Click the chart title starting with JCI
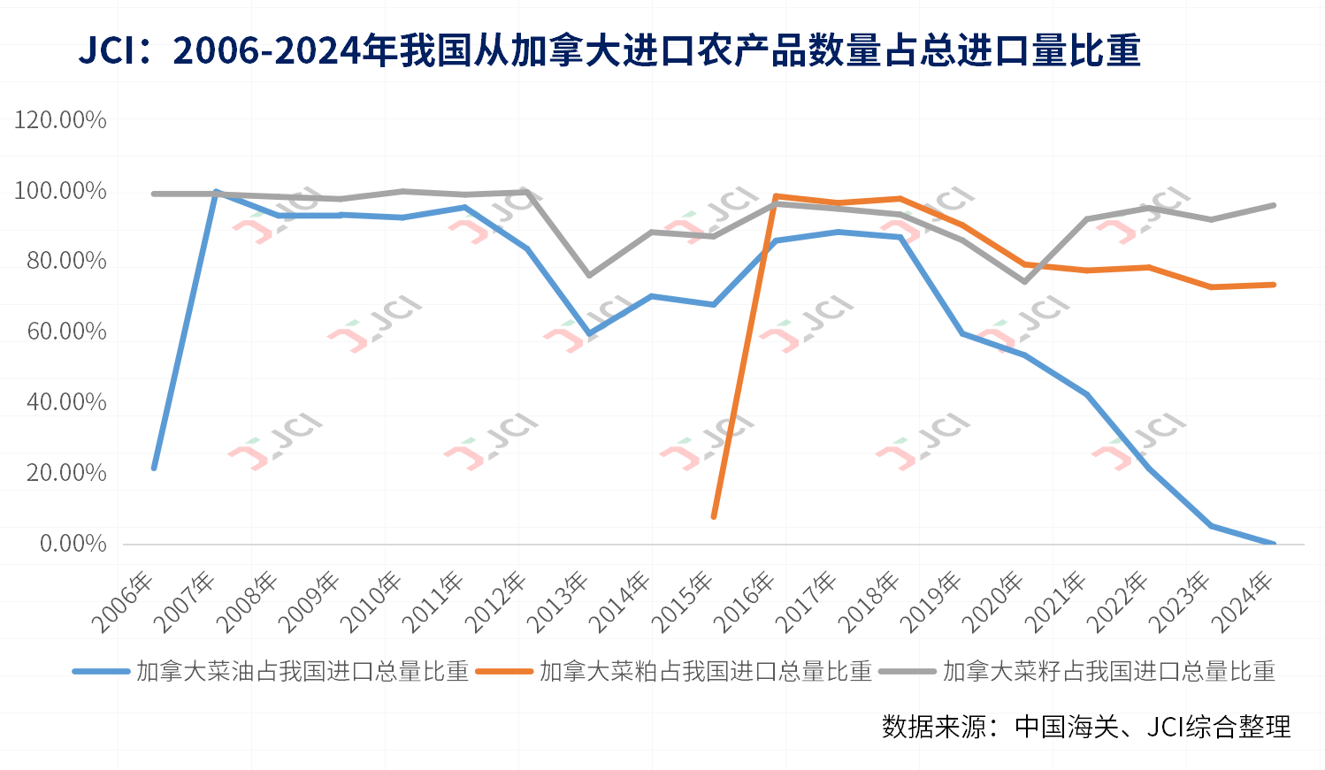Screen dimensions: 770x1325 [x=609, y=50]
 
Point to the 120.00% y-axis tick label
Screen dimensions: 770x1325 [x=60, y=120]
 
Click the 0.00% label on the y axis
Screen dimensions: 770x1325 [x=73, y=543]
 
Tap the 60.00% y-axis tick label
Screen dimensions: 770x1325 [x=66, y=332]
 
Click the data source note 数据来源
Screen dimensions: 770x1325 [x=1086, y=727]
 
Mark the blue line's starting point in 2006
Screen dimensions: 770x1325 [x=154, y=467]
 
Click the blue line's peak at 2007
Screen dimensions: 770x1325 [x=216, y=192]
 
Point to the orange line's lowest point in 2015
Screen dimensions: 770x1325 [x=714, y=516]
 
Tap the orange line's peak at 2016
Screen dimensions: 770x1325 [x=776, y=196]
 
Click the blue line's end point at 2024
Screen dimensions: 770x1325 [x=1274, y=543]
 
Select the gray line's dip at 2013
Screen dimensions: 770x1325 [x=589, y=276]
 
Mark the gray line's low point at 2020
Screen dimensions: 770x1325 [x=1024, y=281]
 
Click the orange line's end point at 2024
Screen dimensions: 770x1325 [x=1274, y=285]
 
